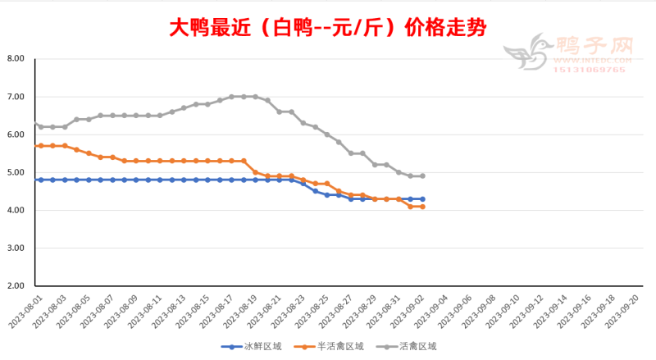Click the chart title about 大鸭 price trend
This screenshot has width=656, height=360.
click(327, 28)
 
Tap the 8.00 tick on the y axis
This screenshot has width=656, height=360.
click(16, 59)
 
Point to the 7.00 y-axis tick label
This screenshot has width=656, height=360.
click(16, 97)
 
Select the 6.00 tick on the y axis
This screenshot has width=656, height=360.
click(16, 134)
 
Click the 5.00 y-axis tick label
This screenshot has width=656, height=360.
click(16, 172)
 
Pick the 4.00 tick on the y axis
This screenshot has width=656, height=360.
click(16, 210)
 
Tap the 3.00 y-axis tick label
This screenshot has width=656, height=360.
click(16, 248)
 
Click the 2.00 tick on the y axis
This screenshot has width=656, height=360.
click(16, 285)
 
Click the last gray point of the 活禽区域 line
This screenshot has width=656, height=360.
click(422, 175)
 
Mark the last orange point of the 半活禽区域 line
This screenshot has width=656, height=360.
click(422, 207)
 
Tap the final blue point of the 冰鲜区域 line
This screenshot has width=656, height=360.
click(422, 199)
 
